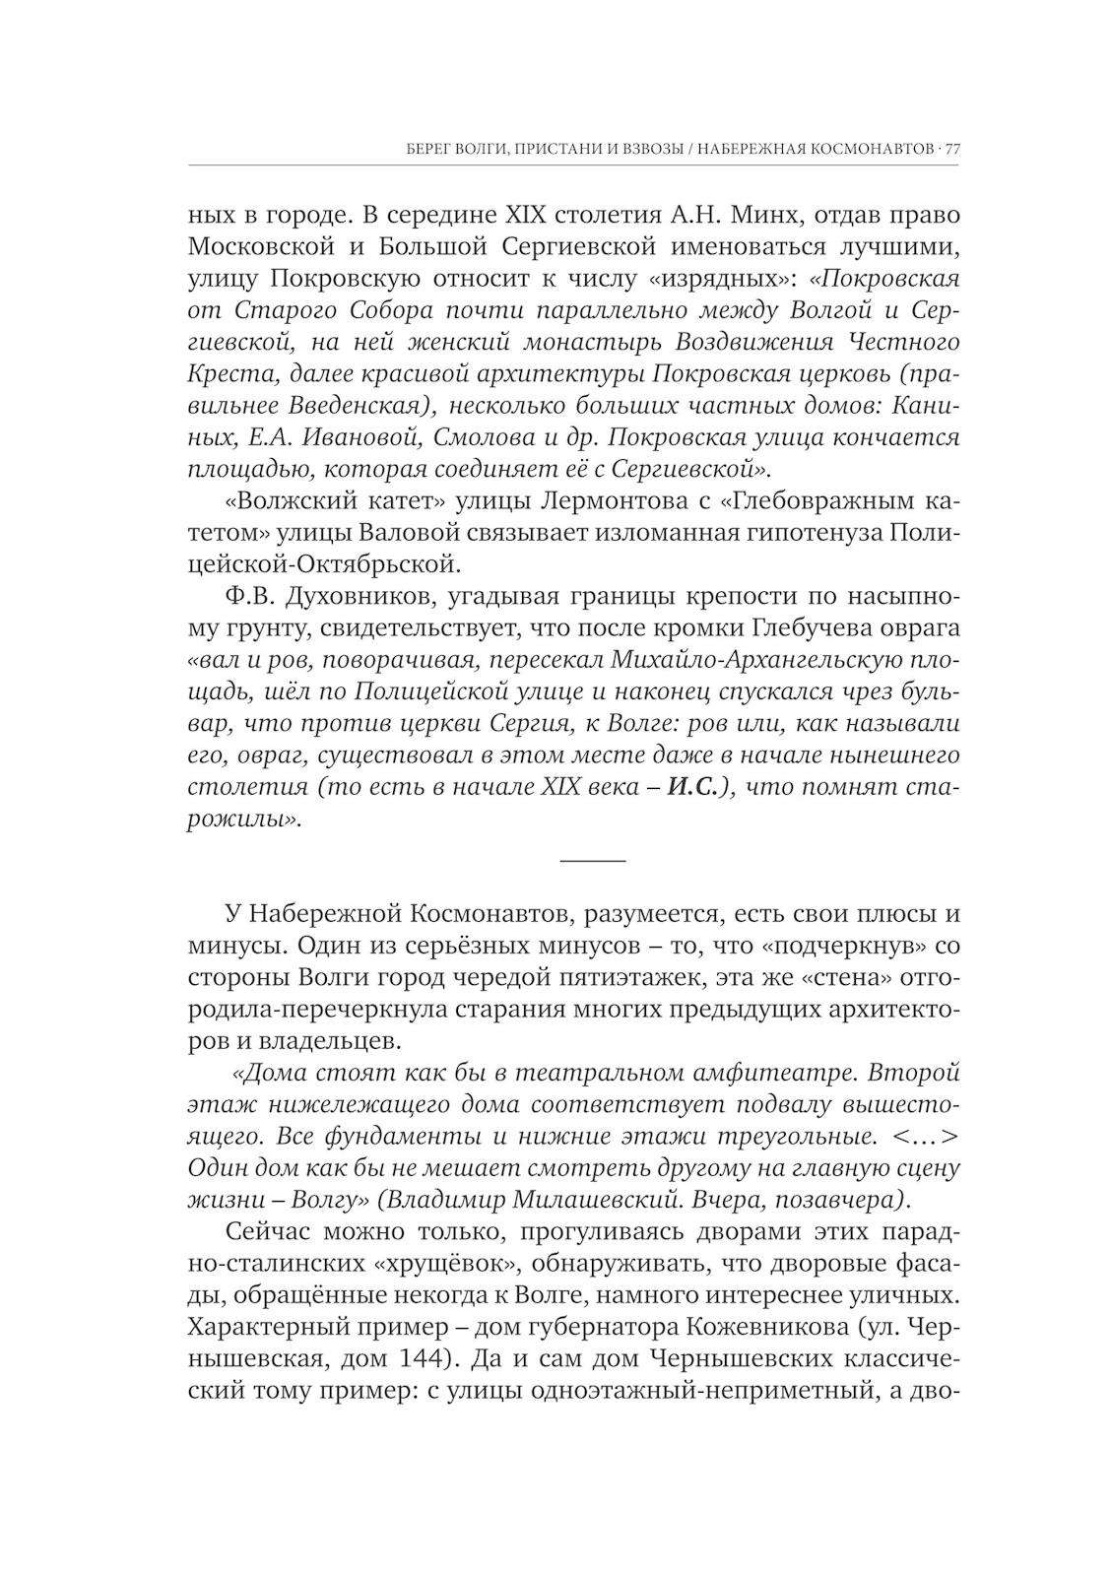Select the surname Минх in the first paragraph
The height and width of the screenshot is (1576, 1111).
pos(734,215)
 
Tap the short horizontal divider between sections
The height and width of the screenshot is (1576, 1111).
pos(592,860)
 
